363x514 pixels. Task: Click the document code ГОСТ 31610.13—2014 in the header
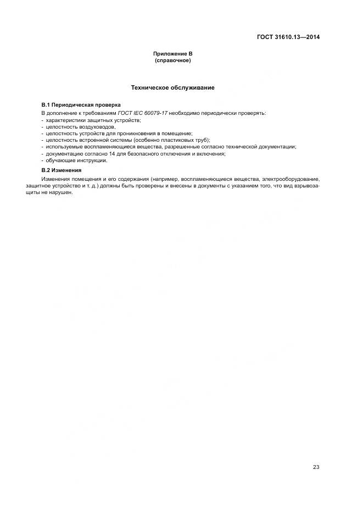(288, 37)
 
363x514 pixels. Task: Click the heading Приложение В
(172, 54)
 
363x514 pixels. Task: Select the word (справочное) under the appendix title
(172, 60)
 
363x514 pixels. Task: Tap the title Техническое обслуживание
(172, 87)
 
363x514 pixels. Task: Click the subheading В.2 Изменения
(61, 170)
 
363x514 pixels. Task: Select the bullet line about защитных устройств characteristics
(93, 119)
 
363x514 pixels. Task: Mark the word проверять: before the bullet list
(253, 113)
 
